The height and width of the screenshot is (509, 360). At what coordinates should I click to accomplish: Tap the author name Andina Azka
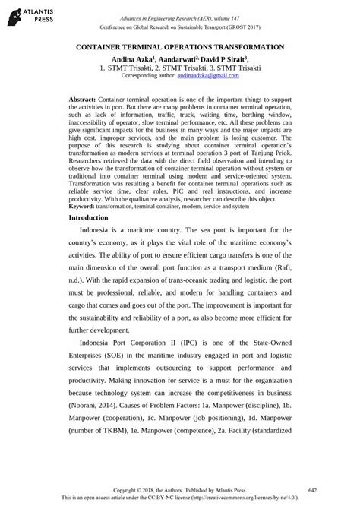pos(130,58)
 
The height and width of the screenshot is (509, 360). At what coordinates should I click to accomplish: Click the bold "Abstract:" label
pos(82,100)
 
